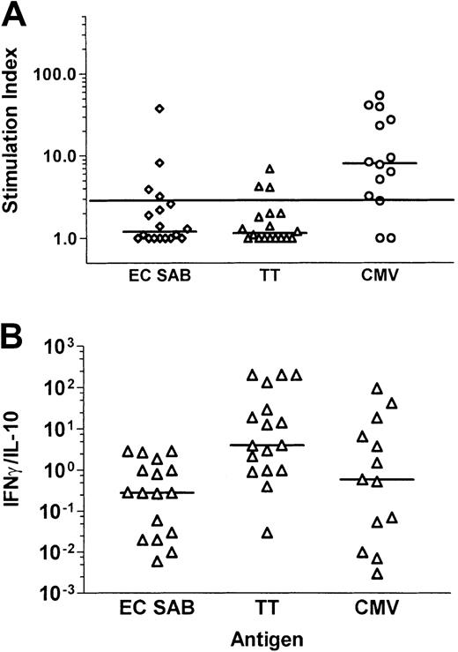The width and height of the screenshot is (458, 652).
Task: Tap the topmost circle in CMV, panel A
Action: click(x=380, y=95)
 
